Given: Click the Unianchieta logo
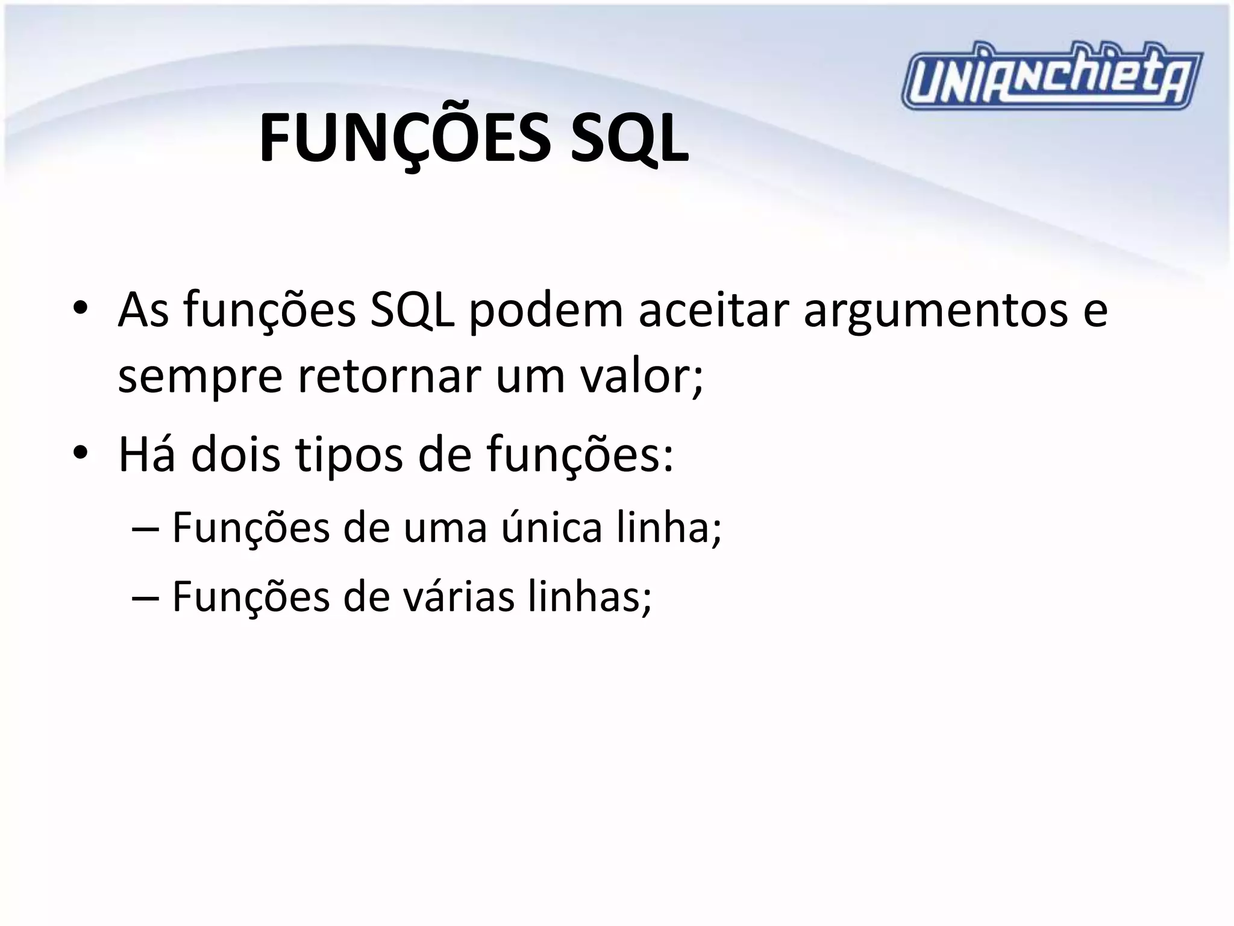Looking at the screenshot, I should tap(1051, 77).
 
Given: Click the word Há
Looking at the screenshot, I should tap(147, 454).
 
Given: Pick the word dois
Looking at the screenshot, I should tap(236, 454).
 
